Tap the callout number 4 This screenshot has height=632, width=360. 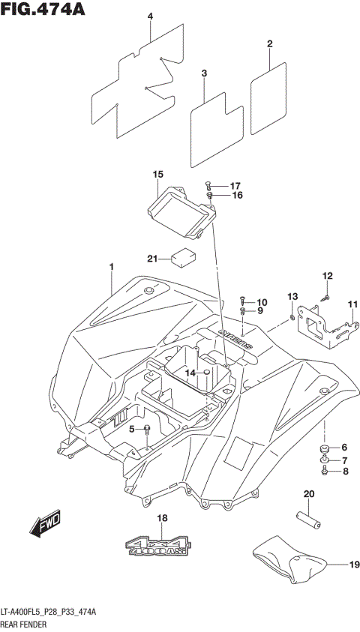[x=150, y=16]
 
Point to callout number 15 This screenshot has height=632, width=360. [x=157, y=175]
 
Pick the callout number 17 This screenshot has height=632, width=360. [x=234, y=186]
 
